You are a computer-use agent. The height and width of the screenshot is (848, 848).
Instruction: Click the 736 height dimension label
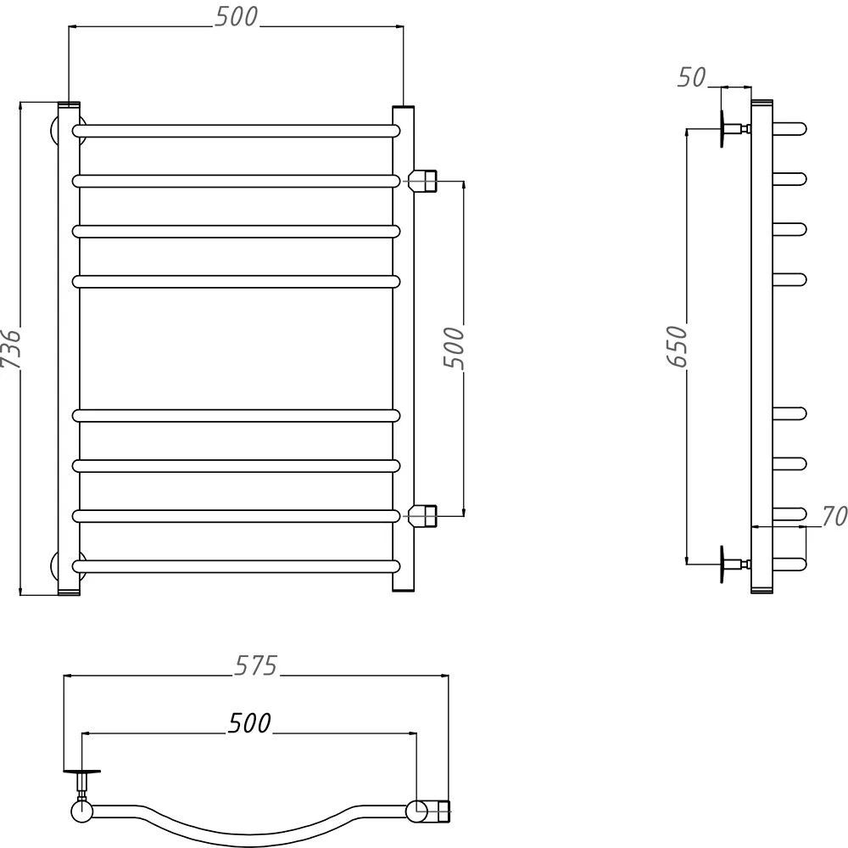point(10,348)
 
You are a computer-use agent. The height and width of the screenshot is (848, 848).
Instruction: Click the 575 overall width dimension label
point(255,665)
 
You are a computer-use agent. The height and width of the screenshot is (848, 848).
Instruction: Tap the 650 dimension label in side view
point(677,346)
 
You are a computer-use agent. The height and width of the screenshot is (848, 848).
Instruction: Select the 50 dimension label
point(691,77)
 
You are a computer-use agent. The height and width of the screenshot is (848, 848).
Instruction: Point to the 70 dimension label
point(834,516)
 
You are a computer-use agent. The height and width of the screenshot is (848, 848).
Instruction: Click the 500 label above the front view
point(237,17)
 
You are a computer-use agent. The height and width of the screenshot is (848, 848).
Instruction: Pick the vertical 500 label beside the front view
point(454,348)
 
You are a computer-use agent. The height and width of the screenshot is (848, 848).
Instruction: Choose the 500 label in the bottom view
point(249,723)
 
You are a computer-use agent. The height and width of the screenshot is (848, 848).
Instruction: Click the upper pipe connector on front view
point(422,181)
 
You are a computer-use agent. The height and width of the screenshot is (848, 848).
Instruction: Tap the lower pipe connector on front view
point(422,516)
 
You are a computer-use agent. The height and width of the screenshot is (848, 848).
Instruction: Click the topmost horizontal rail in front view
point(237,131)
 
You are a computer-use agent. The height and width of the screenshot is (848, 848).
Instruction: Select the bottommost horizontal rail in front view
point(237,566)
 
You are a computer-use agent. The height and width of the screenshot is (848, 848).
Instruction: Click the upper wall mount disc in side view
point(722,129)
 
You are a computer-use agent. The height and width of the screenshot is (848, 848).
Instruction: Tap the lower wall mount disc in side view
point(722,564)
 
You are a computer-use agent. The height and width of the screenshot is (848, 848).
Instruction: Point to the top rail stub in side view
point(789,129)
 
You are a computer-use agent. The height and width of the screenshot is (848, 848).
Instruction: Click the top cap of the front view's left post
point(69,104)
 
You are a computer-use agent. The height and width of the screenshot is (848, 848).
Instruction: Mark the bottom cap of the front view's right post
point(404,589)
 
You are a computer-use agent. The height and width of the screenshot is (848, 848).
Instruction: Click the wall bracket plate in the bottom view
point(82,771)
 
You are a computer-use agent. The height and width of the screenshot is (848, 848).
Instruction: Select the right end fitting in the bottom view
point(438,811)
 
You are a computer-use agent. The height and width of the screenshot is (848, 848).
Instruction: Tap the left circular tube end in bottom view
point(81,811)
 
